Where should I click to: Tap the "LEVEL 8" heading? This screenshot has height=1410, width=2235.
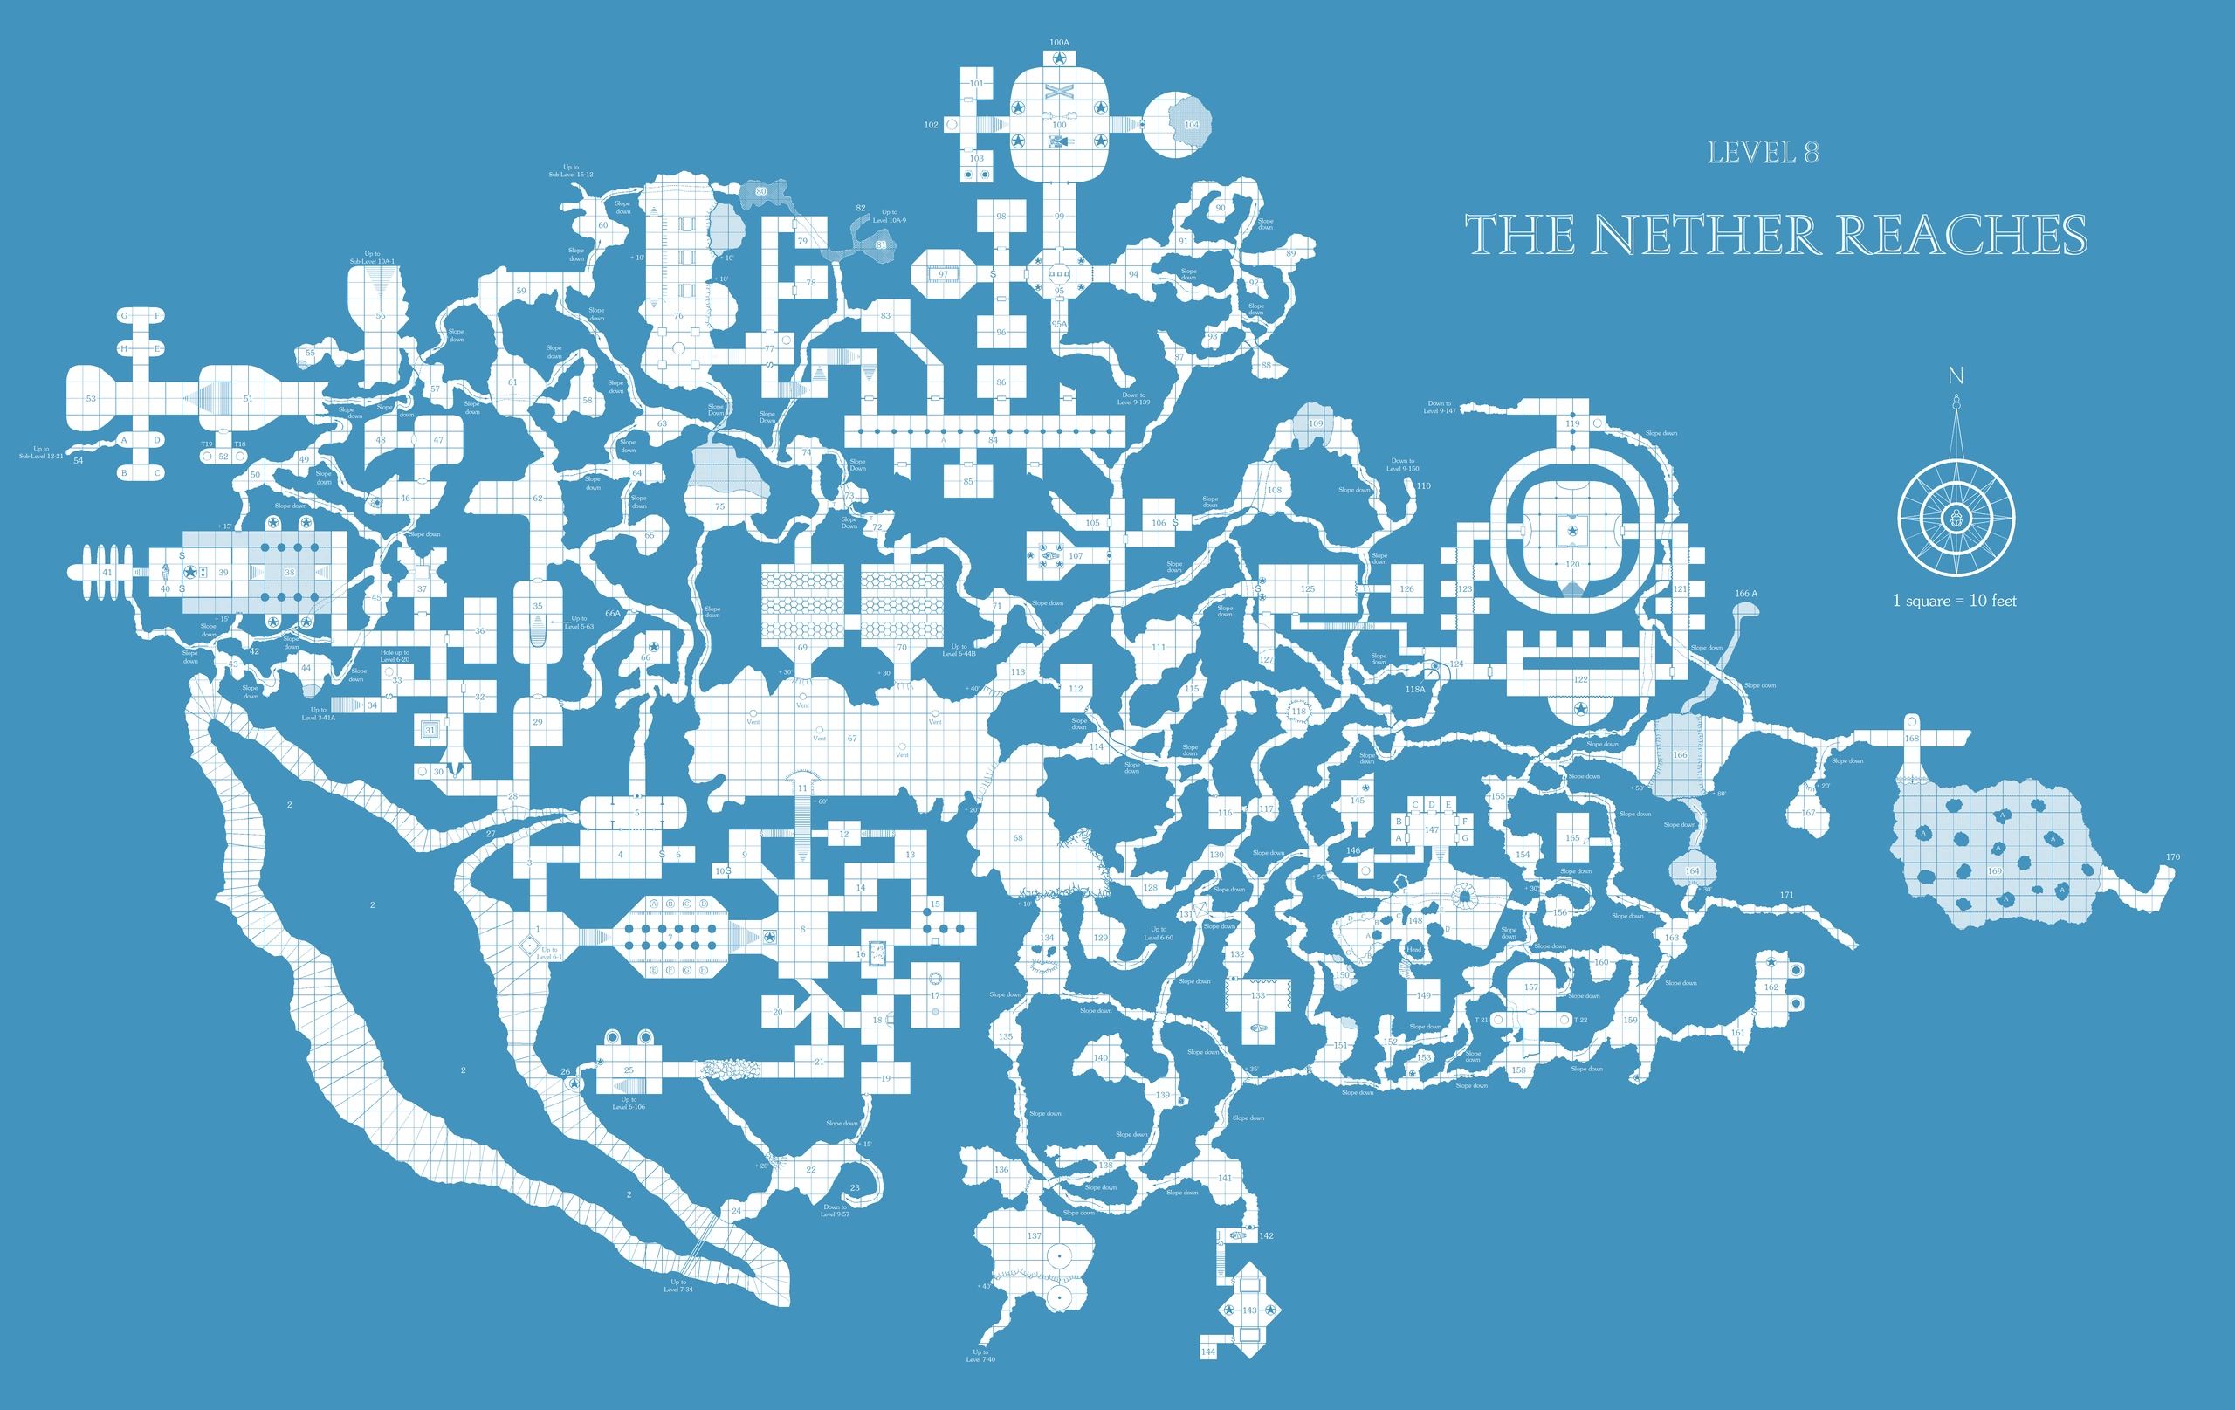tap(1763, 154)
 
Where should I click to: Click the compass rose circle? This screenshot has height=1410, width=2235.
tap(1955, 519)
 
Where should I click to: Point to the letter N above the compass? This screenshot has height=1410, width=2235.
tap(1956, 376)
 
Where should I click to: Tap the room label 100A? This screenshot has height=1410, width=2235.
tap(1059, 43)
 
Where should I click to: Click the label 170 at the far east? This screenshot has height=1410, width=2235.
tap(2172, 856)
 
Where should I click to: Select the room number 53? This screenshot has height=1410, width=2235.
tap(91, 398)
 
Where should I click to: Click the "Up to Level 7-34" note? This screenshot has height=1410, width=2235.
tap(678, 1286)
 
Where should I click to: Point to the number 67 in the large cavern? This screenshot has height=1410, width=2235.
tap(851, 738)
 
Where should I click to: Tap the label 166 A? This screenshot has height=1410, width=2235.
tap(1746, 593)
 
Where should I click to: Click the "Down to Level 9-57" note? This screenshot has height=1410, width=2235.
tap(835, 1210)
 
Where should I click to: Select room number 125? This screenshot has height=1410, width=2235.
tap(1308, 588)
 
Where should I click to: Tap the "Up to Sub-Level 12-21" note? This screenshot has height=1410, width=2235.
tap(42, 452)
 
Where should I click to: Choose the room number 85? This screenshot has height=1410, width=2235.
tap(968, 481)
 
